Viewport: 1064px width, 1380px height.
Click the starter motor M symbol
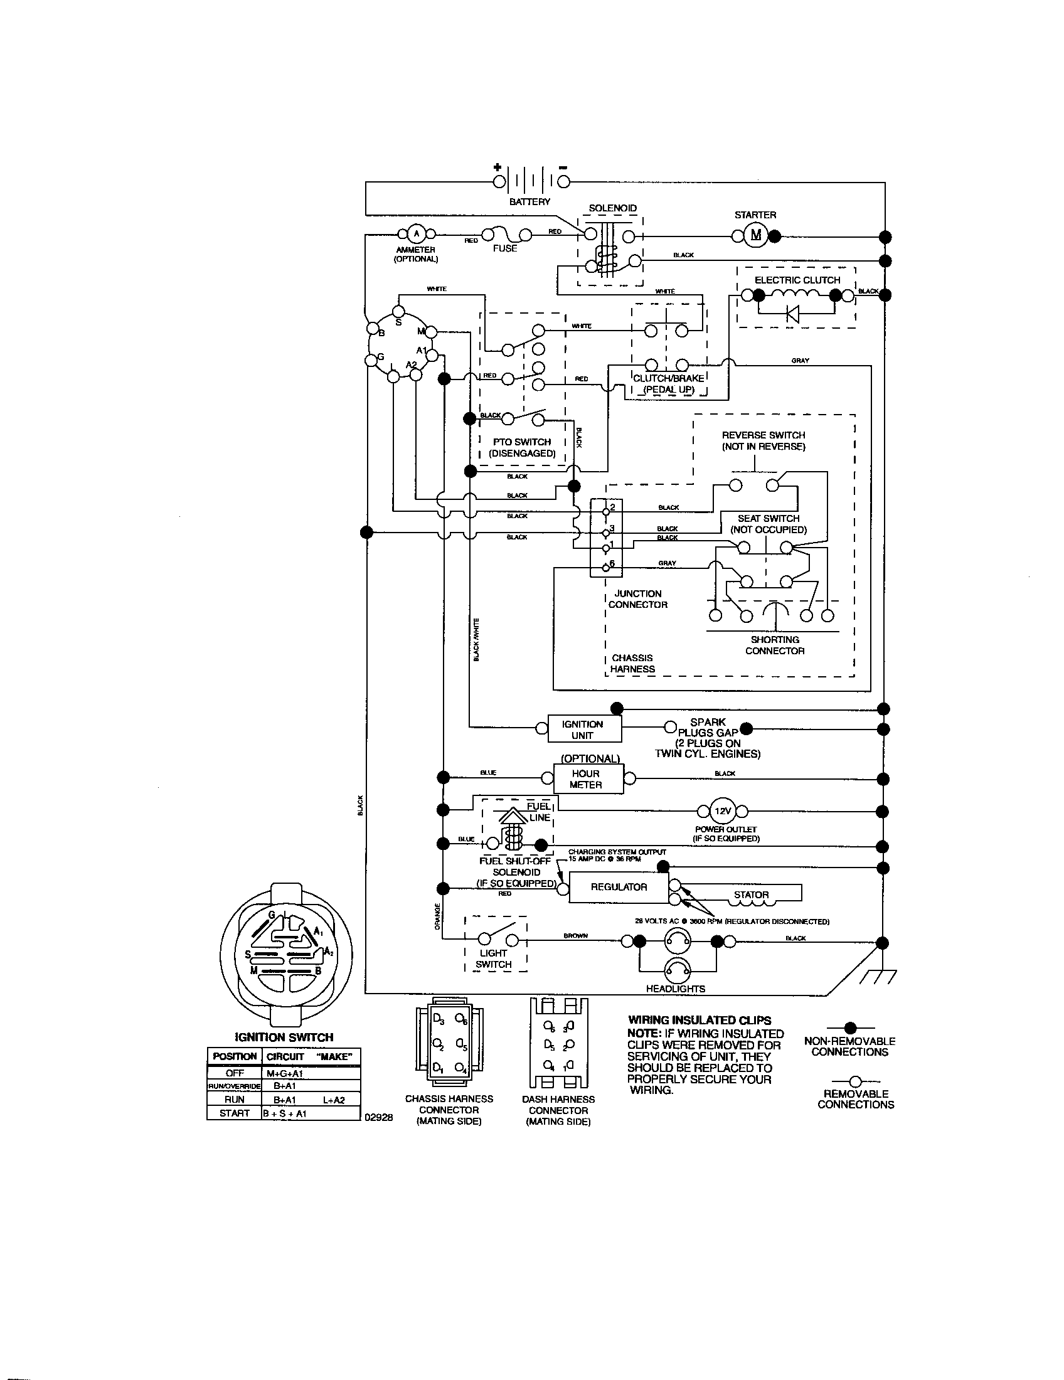click(x=756, y=236)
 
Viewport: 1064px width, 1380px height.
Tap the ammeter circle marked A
click(x=415, y=235)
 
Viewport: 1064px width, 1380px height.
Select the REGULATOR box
click(x=618, y=887)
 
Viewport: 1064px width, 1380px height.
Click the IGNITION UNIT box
click(x=582, y=730)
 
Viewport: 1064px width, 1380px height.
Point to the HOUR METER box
click(x=587, y=779)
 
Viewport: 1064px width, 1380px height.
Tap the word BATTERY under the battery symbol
click(x=529, y=201)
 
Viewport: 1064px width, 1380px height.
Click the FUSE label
click(x=505, y=248)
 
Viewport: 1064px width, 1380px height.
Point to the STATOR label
click(x=751, y=894)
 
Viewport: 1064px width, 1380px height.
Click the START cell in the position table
click(x=234, y=1113)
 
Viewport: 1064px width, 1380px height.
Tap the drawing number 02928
click(x=379, y=1117)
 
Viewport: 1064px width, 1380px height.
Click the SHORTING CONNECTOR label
click(x=775, y=645)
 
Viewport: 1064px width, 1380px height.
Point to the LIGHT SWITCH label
click(x=494, y=958)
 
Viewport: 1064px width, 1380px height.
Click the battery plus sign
click(x=498, y=167)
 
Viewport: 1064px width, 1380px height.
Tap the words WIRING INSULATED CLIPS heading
click(x=700, y=1020)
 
